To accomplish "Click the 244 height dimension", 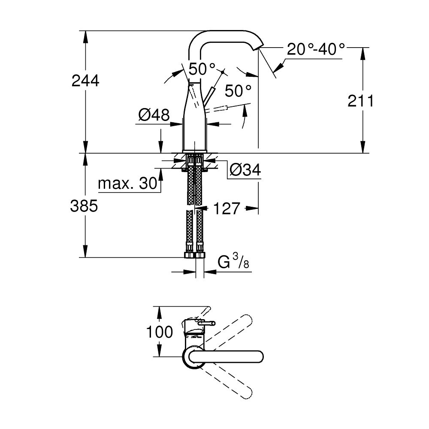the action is (x=85, y=81).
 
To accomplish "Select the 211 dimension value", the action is (x=361, y=101).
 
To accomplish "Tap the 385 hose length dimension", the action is (x=84, y=206).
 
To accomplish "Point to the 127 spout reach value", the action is (x=227, y=208).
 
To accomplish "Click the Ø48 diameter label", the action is (x=154, y=115).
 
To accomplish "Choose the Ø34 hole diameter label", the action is (x=245, y=170).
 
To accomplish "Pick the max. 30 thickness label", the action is (x=127, y=183).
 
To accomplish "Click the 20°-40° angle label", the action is (x=316, y=49).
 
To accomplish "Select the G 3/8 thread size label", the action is (x=233, y=261).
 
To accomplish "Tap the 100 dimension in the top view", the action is (x=160, y=332).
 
